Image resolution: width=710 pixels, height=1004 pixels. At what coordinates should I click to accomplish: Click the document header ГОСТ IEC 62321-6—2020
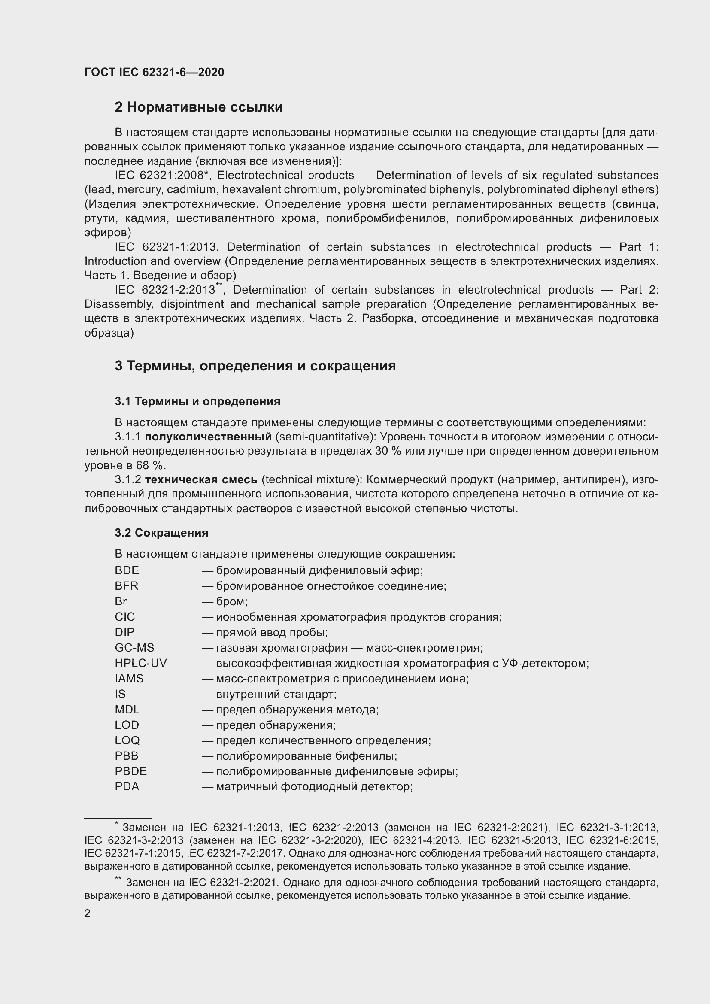154,72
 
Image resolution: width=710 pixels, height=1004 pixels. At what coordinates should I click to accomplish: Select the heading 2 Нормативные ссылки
198,107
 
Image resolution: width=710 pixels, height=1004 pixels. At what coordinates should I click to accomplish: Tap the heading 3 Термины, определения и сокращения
255,366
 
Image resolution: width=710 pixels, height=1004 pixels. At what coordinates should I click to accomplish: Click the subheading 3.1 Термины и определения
197,401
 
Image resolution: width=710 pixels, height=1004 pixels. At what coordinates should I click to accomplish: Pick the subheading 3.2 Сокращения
161,533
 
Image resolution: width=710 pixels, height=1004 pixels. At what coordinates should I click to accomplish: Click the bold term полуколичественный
208,437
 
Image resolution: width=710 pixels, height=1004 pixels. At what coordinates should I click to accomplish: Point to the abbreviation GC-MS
134,648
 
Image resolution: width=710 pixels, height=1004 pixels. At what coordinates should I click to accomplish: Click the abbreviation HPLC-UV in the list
140,663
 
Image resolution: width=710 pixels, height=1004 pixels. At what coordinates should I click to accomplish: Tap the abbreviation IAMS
129,678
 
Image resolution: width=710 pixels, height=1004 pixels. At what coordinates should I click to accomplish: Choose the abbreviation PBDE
131,771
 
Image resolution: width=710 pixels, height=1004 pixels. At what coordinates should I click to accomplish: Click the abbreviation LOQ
127,740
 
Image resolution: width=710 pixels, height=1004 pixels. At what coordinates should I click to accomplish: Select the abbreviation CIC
125,616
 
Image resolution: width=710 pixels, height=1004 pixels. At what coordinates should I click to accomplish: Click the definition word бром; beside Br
232,601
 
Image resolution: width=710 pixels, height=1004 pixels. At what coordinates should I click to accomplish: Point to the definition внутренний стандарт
276,694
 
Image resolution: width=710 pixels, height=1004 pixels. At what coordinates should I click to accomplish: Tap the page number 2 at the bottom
88,913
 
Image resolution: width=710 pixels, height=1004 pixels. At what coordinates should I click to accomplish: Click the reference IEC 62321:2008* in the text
161,176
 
